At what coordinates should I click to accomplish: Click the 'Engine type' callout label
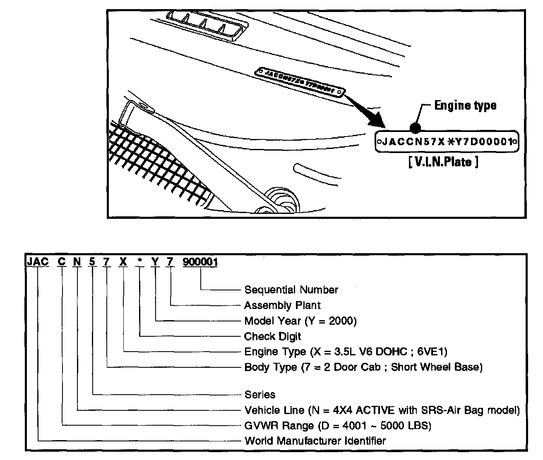[465, 105]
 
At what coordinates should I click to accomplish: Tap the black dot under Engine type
[415, 128]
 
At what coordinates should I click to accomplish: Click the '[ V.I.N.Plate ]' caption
[443, 162]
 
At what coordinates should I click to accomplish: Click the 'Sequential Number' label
[291, 290]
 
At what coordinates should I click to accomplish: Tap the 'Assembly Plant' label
[282, 305]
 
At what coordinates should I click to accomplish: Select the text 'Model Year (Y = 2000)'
[300, 321]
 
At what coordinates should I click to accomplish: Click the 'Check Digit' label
[272, 336]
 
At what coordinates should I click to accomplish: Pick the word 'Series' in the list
[259, 394]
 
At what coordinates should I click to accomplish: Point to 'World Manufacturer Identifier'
[315, 441]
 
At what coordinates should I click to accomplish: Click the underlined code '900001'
[201, 262]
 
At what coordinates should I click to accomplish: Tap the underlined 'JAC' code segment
[37, 262]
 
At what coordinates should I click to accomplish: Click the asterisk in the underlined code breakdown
[141, 262]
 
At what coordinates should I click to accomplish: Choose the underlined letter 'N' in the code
[77, 262]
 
